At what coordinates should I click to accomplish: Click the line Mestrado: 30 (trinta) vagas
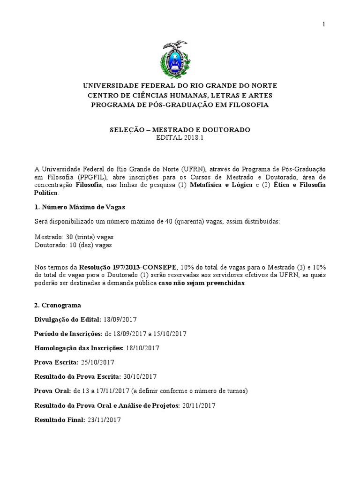point(74,237)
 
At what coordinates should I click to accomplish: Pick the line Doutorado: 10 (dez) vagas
point(73,245)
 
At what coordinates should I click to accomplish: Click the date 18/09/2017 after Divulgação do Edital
point(120,319)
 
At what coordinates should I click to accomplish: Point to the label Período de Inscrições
point(67,334)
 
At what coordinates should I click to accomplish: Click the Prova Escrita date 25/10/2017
point(98,362)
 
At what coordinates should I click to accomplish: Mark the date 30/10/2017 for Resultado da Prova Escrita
point(140,376)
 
